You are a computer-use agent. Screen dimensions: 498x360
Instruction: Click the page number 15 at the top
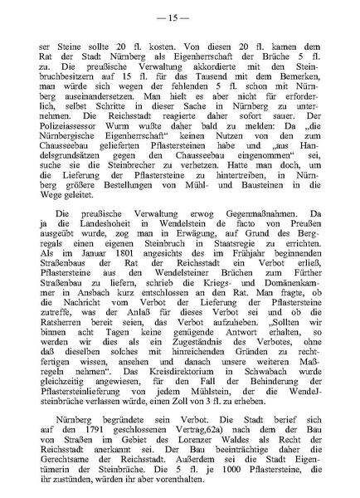[x=179, y=17]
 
